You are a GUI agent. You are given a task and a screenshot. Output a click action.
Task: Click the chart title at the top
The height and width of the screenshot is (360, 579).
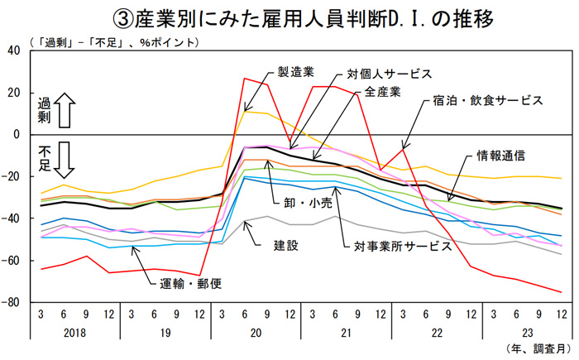coord(289,17)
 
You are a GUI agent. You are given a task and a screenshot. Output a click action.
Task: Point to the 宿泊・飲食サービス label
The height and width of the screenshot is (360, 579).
coord(487,100)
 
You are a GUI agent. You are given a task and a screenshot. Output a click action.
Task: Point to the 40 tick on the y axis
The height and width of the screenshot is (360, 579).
coord(13,50)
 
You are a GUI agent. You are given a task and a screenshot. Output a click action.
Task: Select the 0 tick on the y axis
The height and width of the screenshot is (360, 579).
coord(17,134)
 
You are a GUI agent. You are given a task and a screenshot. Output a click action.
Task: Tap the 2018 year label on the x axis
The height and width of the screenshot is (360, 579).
coord(74,331)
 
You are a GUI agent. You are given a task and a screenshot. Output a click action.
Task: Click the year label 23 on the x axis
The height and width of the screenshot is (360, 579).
coord(524,331)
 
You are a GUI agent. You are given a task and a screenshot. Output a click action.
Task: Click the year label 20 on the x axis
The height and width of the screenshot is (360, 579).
coord(255,331)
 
